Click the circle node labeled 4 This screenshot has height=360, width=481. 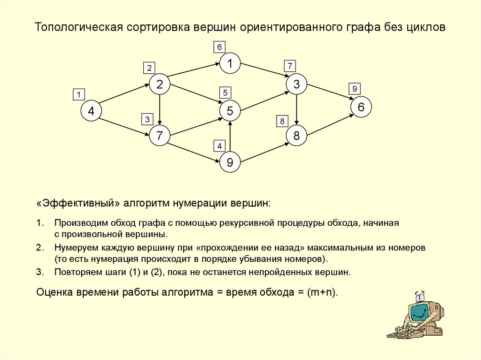point(91,111)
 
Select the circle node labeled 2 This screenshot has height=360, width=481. point(160,84)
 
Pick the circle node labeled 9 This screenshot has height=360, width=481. point(230,162)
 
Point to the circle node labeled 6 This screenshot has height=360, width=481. point(361,107)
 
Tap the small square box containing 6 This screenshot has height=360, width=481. point(219,46)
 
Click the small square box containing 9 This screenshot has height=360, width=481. point(355,88)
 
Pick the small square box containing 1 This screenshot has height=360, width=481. point(78,94)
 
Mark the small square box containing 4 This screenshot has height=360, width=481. point(219,146)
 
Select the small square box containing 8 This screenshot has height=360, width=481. point(282,122)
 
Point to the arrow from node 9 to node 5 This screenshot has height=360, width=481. point(230,137)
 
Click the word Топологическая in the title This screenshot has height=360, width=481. point(77,28)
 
